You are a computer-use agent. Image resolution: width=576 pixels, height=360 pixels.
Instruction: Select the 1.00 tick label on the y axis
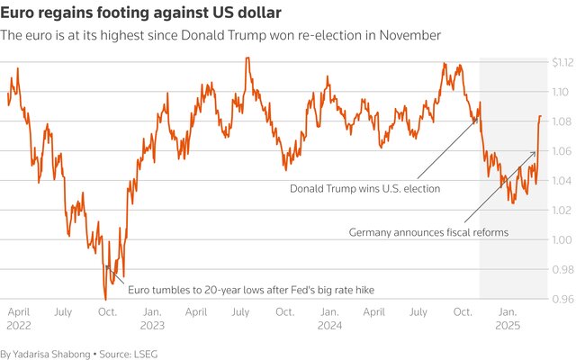click(x=561, y=239)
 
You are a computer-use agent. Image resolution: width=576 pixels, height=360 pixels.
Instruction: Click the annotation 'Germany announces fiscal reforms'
click(x=428, y=232)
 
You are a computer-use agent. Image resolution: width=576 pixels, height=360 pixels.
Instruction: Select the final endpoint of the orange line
click(x=540, y=116)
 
